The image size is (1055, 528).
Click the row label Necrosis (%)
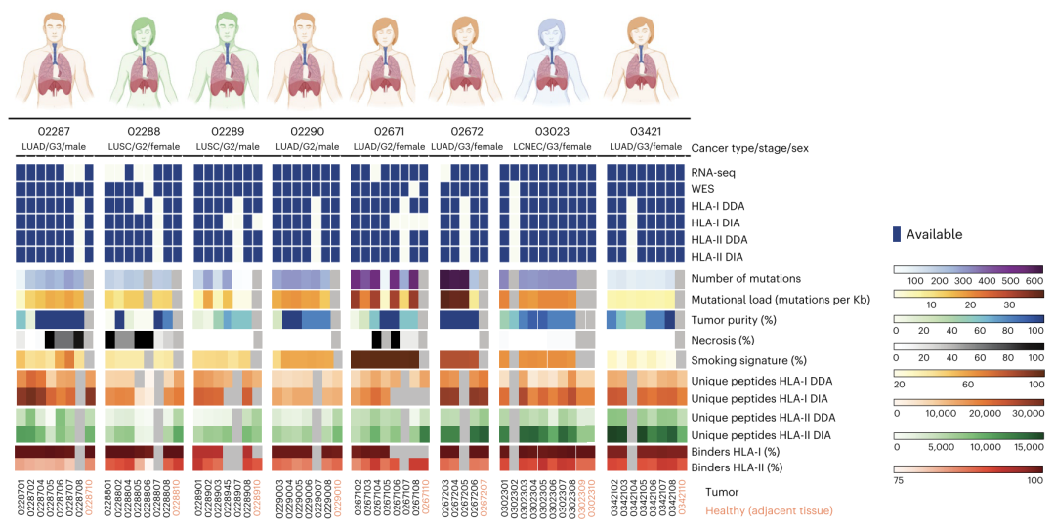coord(724,340)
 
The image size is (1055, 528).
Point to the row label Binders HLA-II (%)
coord(736,467)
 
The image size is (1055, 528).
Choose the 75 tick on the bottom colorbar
coord(900,480)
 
